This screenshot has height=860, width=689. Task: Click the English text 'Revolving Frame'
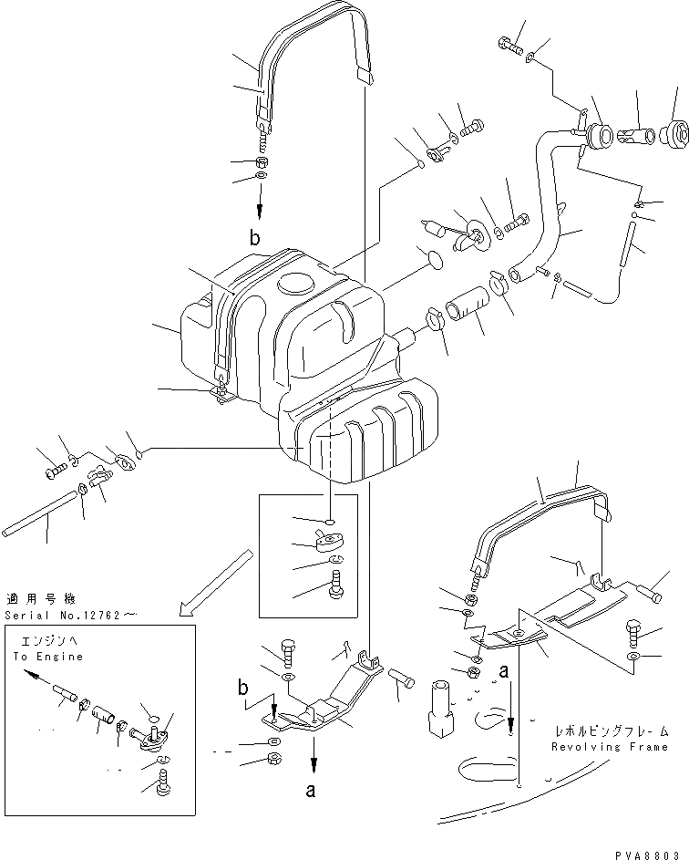[x=610, y=747]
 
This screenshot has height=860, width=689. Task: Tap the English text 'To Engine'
[x=47, y=657]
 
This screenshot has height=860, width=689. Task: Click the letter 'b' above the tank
[x=256, y=239]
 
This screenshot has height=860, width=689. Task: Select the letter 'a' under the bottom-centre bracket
[x=311, y=791]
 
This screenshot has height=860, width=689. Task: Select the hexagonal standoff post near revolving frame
[x=441, y=704]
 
